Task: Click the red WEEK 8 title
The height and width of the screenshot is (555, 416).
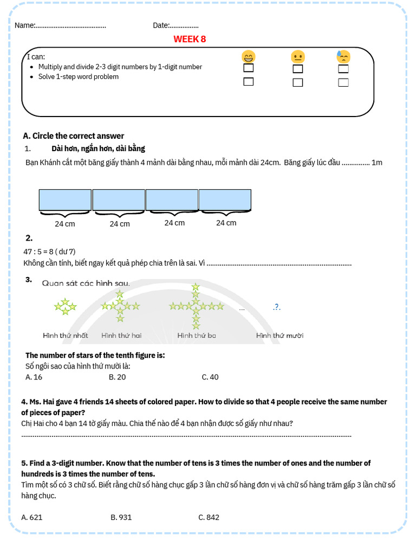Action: (190, 39)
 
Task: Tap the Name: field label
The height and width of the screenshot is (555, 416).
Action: (25, 25)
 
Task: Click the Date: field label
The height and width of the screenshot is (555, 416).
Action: (161, 25)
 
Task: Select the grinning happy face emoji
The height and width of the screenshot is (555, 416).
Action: (249, 56)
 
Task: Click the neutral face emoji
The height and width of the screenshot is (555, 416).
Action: (298, 56)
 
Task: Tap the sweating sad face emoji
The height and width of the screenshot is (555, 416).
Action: (343, 56)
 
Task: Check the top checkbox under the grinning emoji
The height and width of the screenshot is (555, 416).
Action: (249, 68)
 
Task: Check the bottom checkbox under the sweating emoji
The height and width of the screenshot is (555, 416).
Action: (343, 82)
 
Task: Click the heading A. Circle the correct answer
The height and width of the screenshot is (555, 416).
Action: (74, 136)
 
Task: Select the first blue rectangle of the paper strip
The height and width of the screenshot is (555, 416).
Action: (65, 199)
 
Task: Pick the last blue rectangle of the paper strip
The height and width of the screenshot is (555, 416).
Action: (225, 199)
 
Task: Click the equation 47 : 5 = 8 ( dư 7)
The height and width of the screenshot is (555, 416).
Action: (49, 251)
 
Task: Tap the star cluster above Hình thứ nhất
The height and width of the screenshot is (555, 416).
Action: (65, 307)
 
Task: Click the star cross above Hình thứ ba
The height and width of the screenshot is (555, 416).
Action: (196, 307)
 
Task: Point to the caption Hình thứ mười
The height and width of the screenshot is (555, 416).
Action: (279, 335)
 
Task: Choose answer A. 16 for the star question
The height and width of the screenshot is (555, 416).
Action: (34, 377)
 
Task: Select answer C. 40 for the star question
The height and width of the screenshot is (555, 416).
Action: (210, 377)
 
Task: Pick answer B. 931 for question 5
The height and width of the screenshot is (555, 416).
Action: (121, 517)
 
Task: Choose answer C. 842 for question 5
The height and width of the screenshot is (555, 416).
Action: (209, 517)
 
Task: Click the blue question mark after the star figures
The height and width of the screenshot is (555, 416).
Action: (277, 307)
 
